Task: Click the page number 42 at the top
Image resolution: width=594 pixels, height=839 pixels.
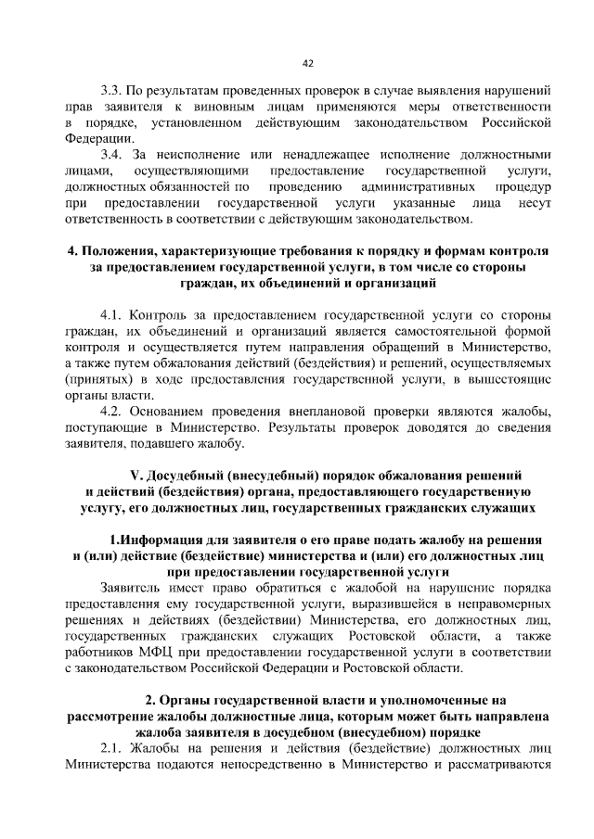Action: pyautogui.click(x=307, y=63)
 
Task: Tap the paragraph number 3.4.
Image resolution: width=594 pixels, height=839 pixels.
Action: pyautogui.click(x=111, y=155)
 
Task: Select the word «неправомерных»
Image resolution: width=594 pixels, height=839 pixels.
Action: pyautogui.click(x=501, y=603)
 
